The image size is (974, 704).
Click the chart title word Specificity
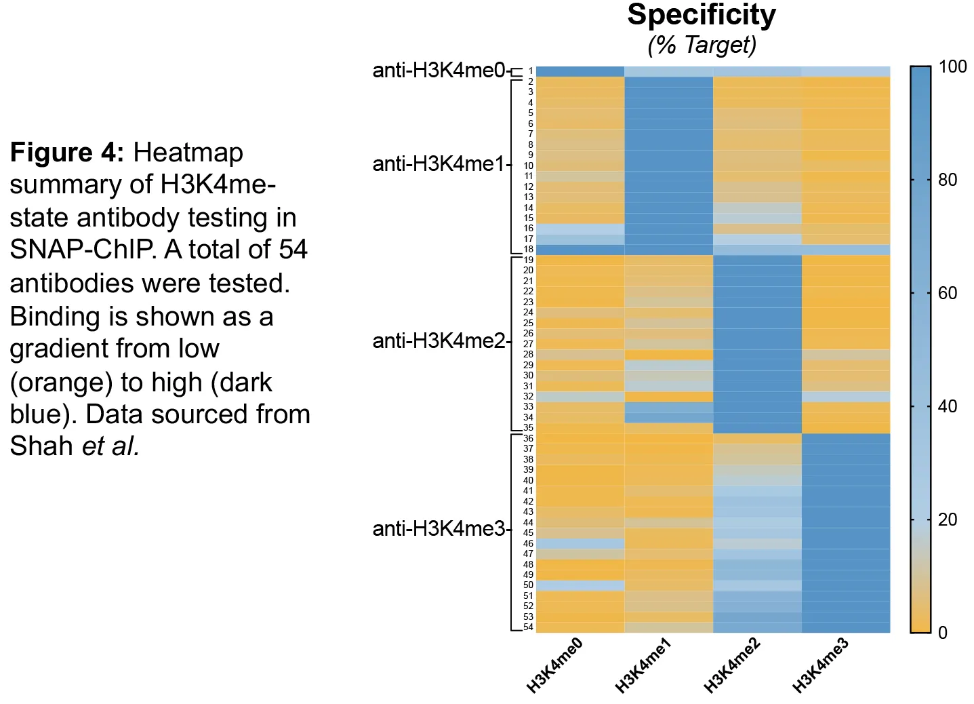[702, 16]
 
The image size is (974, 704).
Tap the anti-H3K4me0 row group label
[439, 70]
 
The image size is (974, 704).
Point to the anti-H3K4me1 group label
[439, 164]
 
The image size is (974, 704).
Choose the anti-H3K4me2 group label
[439, 340]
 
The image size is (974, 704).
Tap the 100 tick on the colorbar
[952, 66]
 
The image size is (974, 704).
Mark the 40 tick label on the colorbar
[948, 406]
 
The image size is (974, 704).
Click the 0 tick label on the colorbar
[943, 633]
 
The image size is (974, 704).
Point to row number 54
[528, 627]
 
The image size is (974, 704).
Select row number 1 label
[531, 71]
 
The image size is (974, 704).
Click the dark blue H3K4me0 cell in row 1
[580, 71]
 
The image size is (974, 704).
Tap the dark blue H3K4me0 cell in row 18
[580, 250]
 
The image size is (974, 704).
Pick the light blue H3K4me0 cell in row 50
[580, 585]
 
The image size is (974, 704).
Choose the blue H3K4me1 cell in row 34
[669, 417]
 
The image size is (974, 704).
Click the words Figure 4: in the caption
[67, 153]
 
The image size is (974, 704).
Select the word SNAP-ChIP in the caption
[81, 250]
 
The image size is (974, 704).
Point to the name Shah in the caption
[41, 446]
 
